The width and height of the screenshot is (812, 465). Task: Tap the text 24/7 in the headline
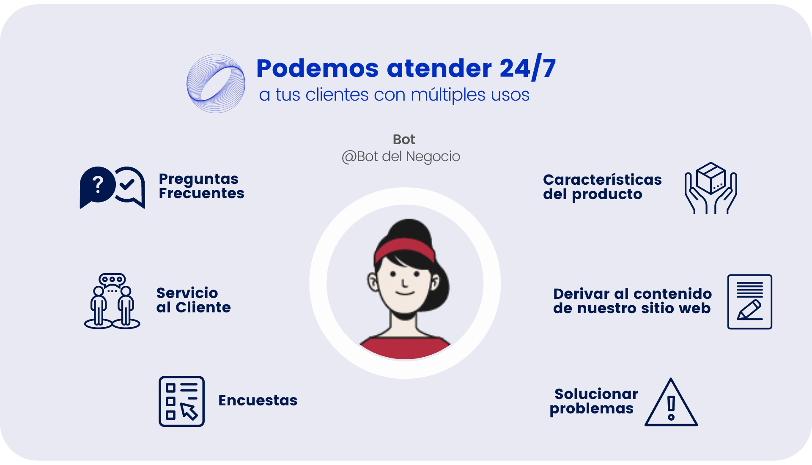click(527, 68)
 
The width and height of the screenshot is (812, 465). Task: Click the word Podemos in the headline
click(317, 68)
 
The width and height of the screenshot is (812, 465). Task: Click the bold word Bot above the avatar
click(404, 139)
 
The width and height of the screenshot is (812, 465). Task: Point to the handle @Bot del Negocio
click(401, 157)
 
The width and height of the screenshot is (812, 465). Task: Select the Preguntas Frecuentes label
click(201, 186)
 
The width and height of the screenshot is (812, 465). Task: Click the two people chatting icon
click(112, 301)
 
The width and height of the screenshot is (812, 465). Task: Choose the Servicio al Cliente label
click(193, 300)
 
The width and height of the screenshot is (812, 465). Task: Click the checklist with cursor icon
click(181, 401)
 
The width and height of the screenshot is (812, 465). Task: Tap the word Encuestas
click(258, 400)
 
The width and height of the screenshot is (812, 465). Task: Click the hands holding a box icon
click(711, 188)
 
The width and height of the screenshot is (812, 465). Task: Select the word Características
click(602, 180)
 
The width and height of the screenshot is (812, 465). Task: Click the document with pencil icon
click(750, 302)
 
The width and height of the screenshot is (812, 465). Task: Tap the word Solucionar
click(596, 394)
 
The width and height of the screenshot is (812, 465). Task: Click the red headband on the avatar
click(405, 249)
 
